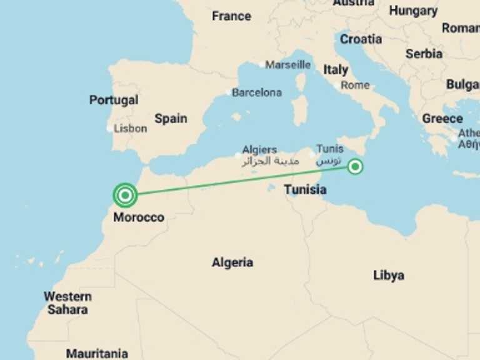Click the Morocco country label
(139, 217)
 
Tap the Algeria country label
(232, 262)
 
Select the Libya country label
(388, 275)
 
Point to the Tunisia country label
(305, 189)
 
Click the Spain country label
(171, 118)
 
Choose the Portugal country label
(114, 100)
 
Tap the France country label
(231, 16)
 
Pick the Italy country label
(336, 70)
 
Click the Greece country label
(442, 118)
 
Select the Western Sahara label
(67, 302)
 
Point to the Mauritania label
(97, 353)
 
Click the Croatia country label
(361, 39)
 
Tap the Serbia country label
(424, 54)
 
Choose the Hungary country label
(413, 11)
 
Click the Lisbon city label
(130, 128)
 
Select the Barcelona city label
(257, 92)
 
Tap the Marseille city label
(287, 64)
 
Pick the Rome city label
(355, 85)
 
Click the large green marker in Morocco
(126, 195)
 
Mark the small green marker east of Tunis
(355, 166)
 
